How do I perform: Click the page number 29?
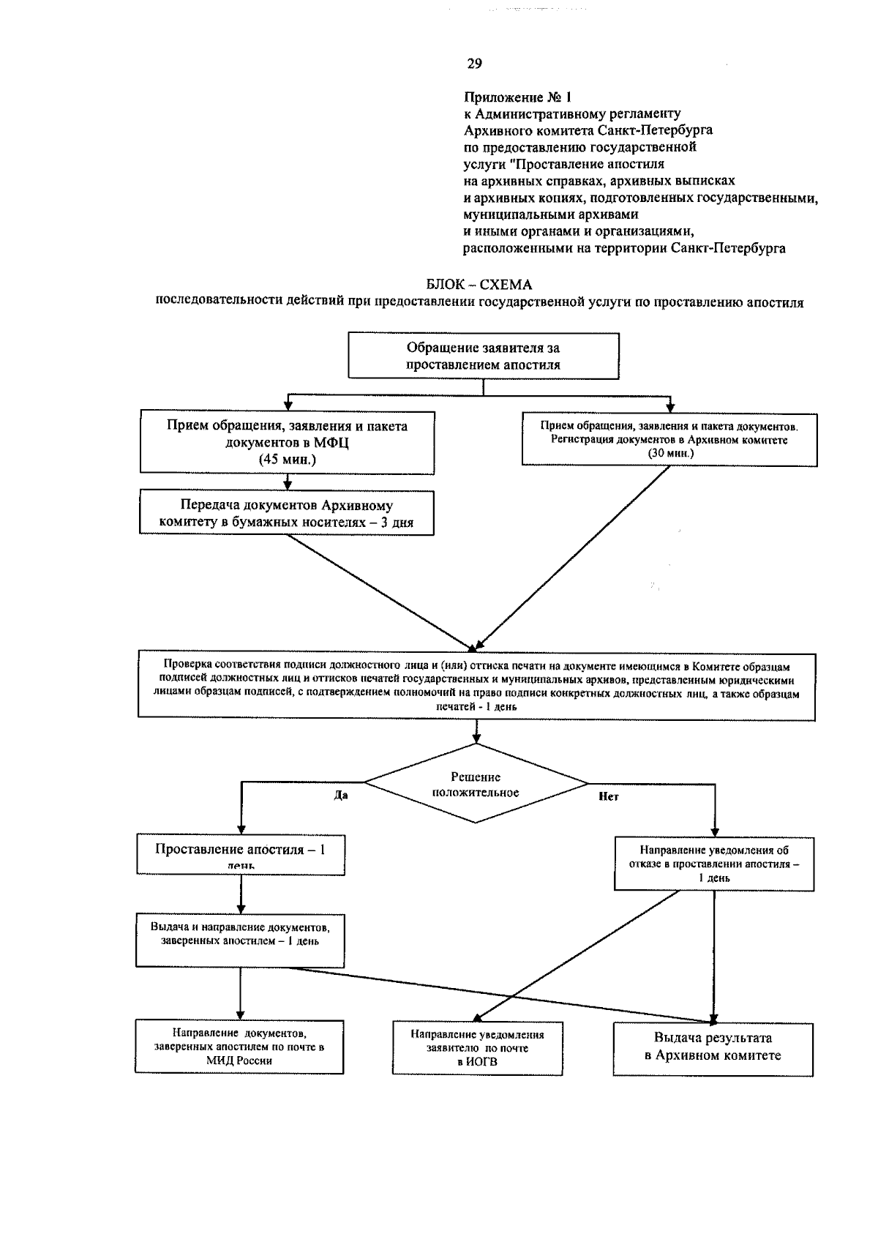pos(474,64)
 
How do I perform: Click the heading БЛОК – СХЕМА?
pos(479,285)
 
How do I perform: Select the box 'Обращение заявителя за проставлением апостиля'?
pos(484,356)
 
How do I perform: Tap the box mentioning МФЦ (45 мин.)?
pos(287,442)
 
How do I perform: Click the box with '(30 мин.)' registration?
pos(669,439)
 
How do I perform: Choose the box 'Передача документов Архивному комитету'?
pos(287,514)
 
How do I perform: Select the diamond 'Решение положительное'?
pos(476,784)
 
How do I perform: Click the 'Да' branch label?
pos(341,796)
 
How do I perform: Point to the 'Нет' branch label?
pos(608,797)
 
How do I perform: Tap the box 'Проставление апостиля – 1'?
pos(240,854)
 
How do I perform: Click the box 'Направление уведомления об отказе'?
pos(714,864)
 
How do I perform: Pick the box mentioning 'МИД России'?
pos(239,1047)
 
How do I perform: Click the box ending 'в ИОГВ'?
pos(477,1048)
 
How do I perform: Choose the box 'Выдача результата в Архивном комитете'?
pos(713,1047)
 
